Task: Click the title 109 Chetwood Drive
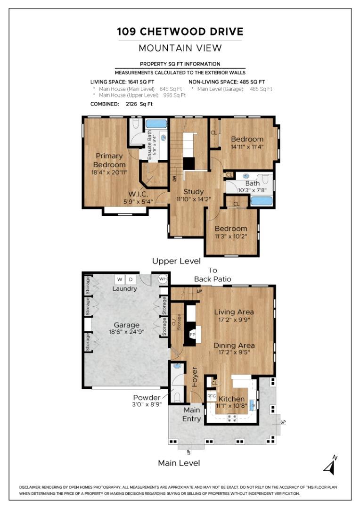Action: (180, 32)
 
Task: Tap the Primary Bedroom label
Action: (109, 160)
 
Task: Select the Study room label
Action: (194, 191)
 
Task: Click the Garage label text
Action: (127, 325)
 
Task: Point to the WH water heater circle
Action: (163, 279)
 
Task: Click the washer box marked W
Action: (120, 279)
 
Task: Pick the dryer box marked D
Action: (131, 279)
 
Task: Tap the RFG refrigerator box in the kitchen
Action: (212, 396)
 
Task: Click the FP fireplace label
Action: (193, 335)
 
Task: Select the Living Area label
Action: (234, 312)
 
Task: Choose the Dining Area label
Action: (234, 345)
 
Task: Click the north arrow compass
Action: (330, 465)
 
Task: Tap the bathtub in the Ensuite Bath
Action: (156, 123)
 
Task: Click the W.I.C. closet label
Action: (138, 194)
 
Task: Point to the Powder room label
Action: (147, 398)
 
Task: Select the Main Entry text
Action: (191, 414)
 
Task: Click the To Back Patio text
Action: (213, 275)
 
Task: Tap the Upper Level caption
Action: (176, 261)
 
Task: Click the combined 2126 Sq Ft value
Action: (139, 104)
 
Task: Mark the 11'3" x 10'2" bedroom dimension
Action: (231, 236)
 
